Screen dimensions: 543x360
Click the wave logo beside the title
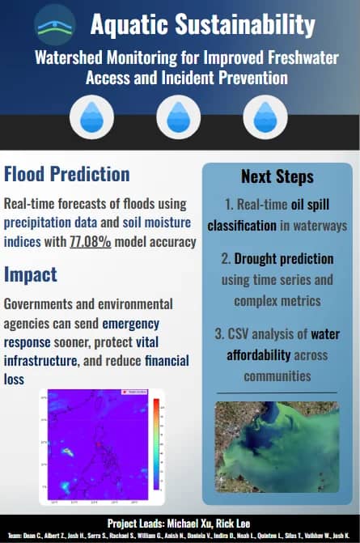click(x=55, y=25)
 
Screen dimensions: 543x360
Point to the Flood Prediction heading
click(x=67, y=174)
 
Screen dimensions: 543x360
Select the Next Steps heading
click(x=277, y=176)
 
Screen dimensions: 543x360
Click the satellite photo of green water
click(x=277, y=451)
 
